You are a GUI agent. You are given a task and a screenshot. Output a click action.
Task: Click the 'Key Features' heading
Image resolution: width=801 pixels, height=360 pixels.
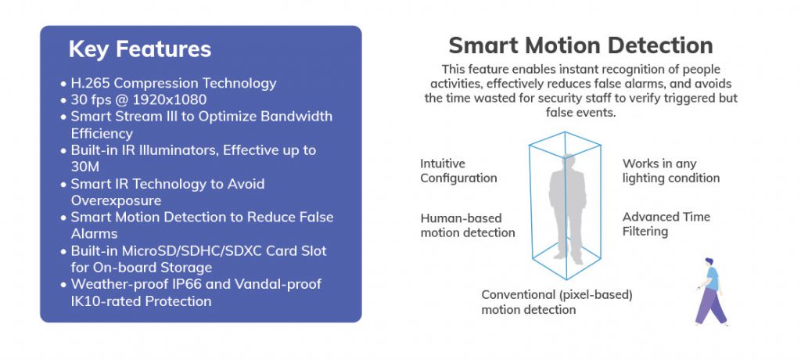pyautogui.click(x=139, y=49)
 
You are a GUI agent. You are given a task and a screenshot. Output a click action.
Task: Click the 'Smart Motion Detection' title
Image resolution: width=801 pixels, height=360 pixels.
pyautogui.click(x=581, y=45)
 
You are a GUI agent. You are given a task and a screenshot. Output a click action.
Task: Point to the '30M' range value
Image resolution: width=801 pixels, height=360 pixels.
pyautogui.click(x=84, y=167)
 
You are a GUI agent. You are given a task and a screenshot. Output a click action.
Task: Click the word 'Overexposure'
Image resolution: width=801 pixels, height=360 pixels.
pyautogui.click(x=116, y=200)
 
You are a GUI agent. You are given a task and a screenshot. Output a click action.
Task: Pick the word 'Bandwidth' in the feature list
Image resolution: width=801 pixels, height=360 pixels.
pyautogui.click(x=296, y=117)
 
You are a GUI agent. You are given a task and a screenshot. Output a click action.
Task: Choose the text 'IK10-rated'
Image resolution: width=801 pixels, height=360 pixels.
pyautogui.click(x=106, y=301)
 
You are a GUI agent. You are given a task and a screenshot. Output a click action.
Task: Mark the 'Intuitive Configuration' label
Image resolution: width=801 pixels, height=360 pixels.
pyautogui.click(x=458, y=171)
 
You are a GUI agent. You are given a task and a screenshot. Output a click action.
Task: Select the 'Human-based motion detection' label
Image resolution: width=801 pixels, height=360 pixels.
pyautogui.click(x=468, y=225)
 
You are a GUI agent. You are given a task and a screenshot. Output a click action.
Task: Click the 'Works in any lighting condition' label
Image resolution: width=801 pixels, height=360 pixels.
pyautogui.click(x=670, y=171)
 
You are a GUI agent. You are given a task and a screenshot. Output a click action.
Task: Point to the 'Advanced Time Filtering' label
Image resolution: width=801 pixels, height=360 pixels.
pyautogui.click(x=666, y=224)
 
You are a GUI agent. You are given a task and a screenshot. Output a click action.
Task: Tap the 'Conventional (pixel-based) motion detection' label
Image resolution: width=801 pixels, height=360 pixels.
pyautogui.click(x=557, y=302)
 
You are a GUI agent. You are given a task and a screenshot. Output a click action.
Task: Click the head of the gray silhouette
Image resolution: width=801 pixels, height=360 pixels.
pyautogui.click(x=567, y=161)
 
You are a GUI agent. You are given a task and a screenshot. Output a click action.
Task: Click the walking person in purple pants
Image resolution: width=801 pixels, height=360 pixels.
pyautogui.click(x=711, y=292)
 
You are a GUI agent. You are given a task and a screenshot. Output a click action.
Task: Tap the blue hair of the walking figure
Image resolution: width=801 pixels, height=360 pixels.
pyautogui.click(x=709, y=261)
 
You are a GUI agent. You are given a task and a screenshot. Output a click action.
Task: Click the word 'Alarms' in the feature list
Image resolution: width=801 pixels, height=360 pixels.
pyautogui.click(x=94, y=234)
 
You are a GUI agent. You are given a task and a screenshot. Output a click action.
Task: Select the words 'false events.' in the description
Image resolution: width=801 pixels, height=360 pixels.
pyautogui.click(x=581, y=113)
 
